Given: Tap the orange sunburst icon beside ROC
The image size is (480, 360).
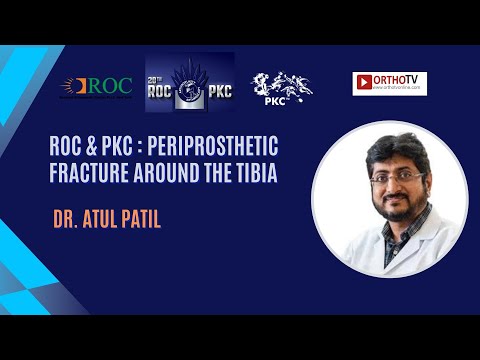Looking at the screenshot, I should [x=70, y=86].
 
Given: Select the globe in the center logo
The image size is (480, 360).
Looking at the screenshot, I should [x=190, y=87].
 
